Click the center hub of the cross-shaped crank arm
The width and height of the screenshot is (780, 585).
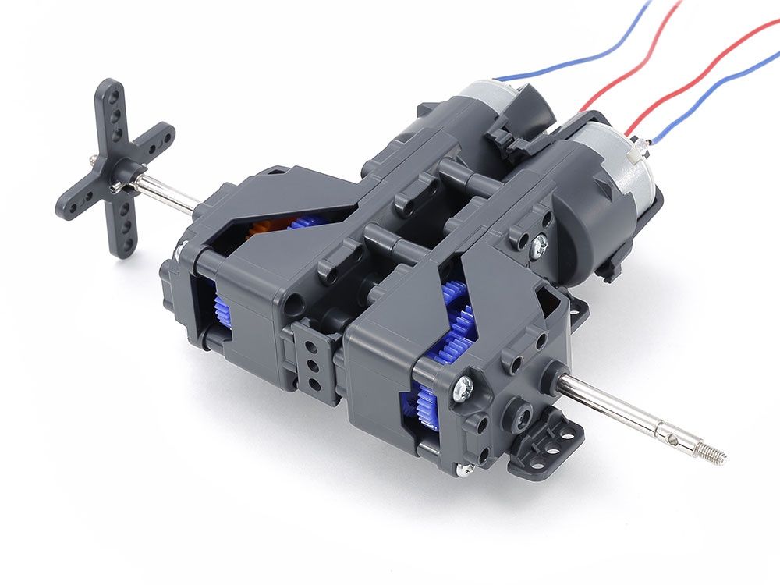pyautogui.click(x=119, y=174)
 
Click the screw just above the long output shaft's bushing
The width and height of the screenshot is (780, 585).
pyautogui.click(x=463, y=384)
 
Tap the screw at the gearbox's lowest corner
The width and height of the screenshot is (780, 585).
pyautogui.click(x=465, y=468)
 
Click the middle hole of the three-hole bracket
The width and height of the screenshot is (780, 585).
pyautogui.click(x=313, y=363)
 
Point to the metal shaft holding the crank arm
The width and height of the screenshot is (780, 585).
pyautogui.click(x=164, y=194)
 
